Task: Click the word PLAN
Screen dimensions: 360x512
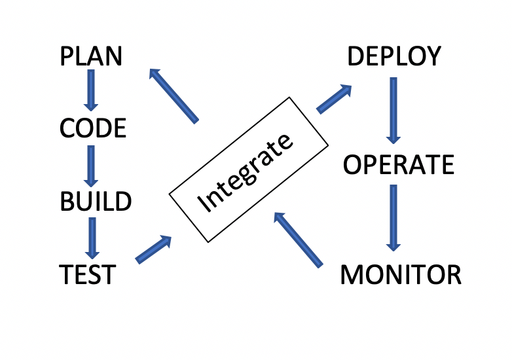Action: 91,56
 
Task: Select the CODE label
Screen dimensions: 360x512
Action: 92,128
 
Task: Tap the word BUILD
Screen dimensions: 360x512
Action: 96,202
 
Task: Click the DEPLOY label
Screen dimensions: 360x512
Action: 394,57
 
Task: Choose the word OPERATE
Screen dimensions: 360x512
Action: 399,164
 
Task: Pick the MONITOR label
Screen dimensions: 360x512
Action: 401,275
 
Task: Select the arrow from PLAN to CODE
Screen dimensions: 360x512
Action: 91,89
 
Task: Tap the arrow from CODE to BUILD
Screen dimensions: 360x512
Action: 91,165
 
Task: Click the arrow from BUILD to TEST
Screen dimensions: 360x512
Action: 92,237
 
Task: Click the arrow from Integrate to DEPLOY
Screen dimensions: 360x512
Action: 335,99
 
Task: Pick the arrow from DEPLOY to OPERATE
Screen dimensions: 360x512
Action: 393,110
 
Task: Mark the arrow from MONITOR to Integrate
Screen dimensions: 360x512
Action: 298,239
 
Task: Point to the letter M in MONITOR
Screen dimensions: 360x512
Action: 352,275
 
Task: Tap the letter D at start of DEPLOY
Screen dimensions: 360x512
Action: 356,57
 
